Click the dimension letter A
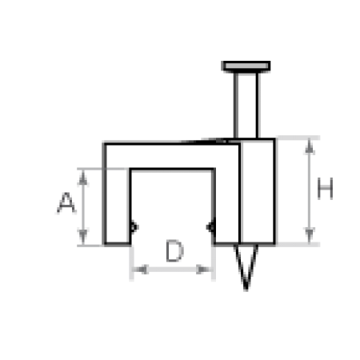tap(66, 202)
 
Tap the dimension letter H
tap(325, 188)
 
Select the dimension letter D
tap(174, 250)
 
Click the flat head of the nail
tap(246, 66)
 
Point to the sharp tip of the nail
tap(246, 290)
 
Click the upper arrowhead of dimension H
tap(309, 146)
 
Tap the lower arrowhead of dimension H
tap(309, 235)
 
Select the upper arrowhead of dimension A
tap(83, 178)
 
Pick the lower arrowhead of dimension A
tap(83, 237)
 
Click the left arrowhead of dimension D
tap(140, 270)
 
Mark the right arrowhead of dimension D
tap(204, 270)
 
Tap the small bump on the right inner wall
tap(210, 227)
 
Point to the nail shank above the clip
tap(246, 106)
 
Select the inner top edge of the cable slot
tap(172, 169)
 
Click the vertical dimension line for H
tap(309, 190)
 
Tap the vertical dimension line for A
tap(83, 207)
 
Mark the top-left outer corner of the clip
tap(104, 143)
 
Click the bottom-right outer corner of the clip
tap(274, 243)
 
